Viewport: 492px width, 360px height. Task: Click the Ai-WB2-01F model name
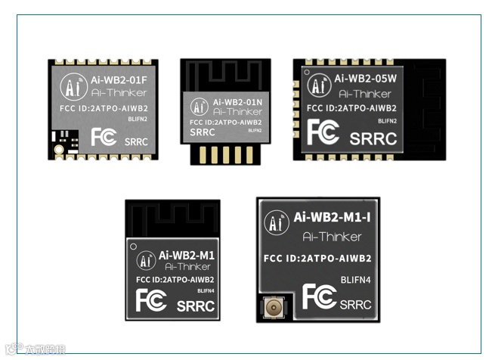pos(119,78)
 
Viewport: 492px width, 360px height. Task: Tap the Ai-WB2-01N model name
pos(237,102)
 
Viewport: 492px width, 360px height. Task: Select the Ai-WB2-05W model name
pos(365,78)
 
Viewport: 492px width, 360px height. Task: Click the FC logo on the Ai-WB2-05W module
pos(323,132)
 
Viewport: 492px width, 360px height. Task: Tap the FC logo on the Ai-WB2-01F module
pos(103,137)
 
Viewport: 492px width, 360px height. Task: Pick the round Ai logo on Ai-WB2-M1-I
pos(276,223)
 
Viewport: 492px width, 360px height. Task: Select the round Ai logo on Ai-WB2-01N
pos(200,107)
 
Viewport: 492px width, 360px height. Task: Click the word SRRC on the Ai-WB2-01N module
pos(203,132)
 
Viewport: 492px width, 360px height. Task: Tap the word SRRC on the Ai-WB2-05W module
pos(373,139)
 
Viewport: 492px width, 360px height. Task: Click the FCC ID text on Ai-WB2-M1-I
pos(317,259)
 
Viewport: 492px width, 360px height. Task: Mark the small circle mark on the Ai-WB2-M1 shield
pos(134,247)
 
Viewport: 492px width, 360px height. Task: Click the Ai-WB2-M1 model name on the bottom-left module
pos(185,256)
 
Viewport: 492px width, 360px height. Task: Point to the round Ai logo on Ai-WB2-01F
pos(73,85)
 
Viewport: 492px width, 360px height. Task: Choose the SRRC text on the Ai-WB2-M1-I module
pos(355,304)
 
